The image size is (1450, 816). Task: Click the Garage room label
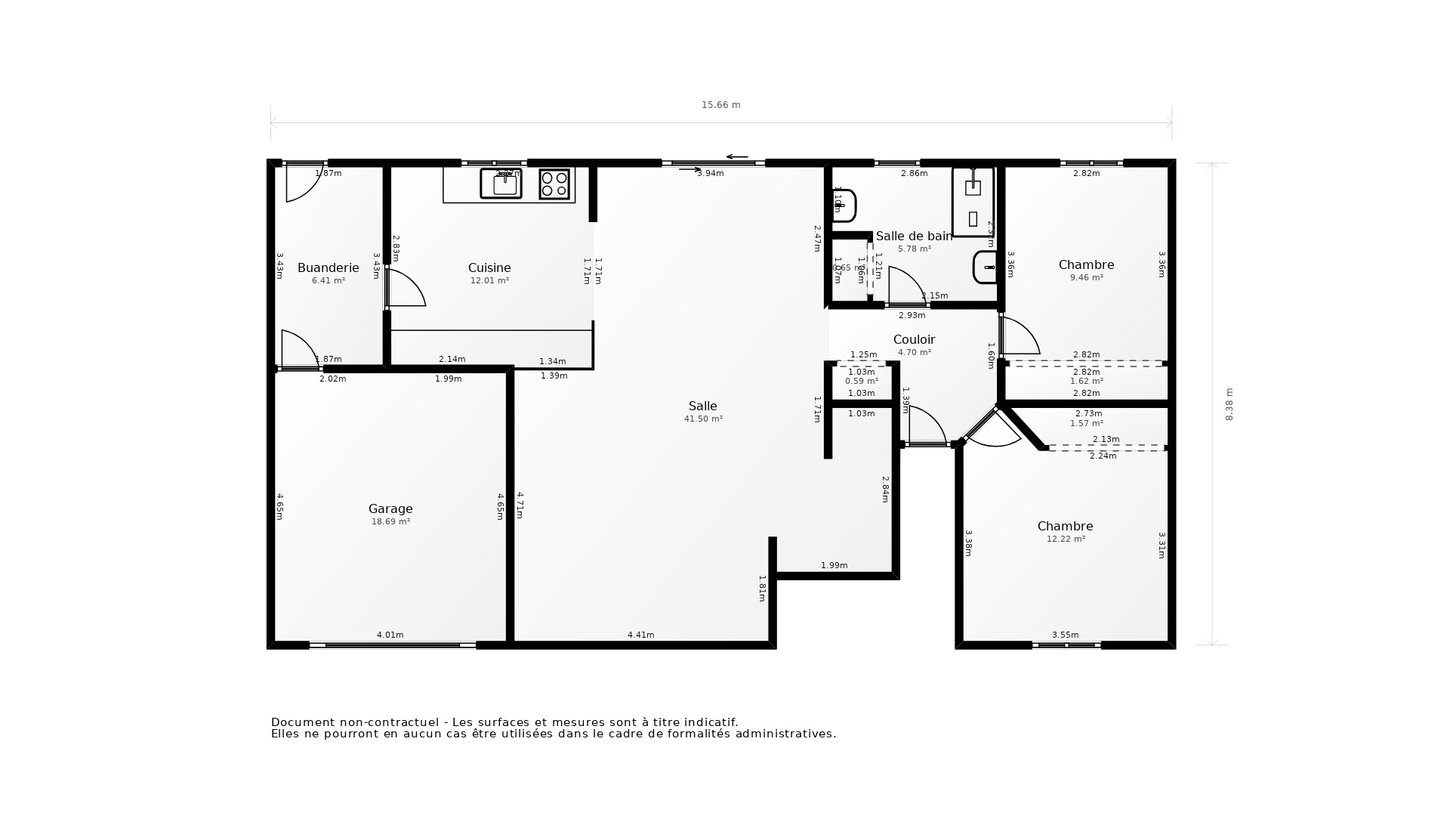pos(390,508)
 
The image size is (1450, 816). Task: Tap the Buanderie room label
pos(328,267)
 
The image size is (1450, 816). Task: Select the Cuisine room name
pos(489,267)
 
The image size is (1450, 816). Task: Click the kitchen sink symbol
pos(501,184)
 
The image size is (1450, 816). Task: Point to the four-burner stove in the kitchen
pos(554,184)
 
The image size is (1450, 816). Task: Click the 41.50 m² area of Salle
pos(703,419)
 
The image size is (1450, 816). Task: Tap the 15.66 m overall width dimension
pos(720,105)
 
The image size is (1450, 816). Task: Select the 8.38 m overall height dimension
pos(1229,404)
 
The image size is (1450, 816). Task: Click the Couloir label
pos(914,339)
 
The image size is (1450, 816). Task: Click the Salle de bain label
pos(914,236)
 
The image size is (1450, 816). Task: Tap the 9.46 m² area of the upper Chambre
pos(1086,277)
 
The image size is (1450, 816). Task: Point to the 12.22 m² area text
pos(1066,539)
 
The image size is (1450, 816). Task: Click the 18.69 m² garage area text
pos(390,521)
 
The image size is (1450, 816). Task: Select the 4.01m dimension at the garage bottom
pos(390,635)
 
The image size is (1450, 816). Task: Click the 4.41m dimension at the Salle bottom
pos(640,635)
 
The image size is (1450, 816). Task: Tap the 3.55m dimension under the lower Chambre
pos(1065,635)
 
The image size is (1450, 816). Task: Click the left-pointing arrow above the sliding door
pos(736,157)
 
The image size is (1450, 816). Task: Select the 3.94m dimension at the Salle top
pos(710,173)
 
